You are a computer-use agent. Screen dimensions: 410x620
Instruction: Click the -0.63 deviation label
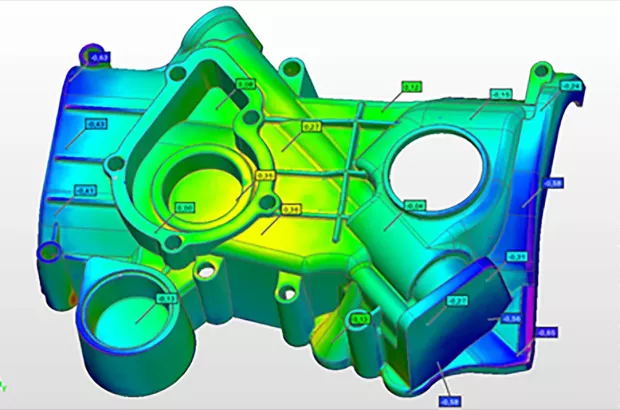coord(101,58)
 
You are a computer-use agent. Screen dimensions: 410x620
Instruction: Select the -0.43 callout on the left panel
coord(97,124)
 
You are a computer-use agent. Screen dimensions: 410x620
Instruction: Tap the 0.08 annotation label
coord(246,85)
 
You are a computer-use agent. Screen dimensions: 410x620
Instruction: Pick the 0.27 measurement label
coord(311,127)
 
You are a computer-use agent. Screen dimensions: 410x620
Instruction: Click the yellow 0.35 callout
coord(265,175)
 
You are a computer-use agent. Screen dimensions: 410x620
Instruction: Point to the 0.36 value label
coord(291,208)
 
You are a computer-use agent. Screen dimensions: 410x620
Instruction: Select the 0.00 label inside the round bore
coord(185,208)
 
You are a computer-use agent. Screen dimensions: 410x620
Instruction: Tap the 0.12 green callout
coord(411,88)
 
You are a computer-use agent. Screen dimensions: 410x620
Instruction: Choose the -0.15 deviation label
coord(501,94)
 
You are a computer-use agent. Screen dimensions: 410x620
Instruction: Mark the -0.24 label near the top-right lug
coord(571,87)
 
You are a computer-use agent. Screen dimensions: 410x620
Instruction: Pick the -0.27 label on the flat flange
coord(458,301)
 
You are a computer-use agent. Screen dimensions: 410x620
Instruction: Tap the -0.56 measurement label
coord(510,318)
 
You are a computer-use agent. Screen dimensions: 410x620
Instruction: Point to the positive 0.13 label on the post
coord(361,319)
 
